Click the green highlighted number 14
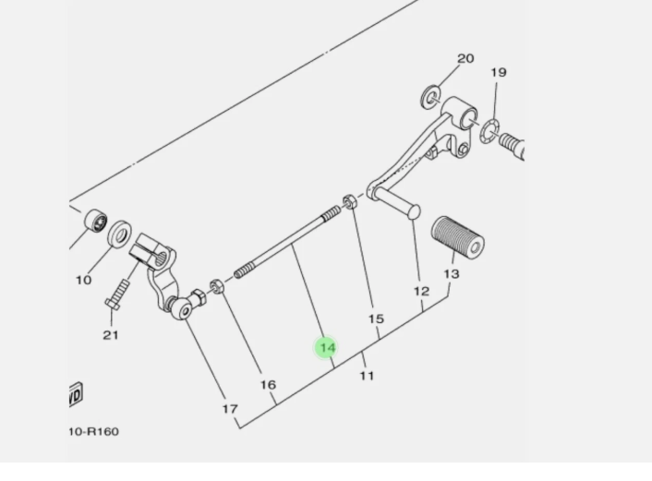(x=326, y=347)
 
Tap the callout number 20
(x=465, y=58)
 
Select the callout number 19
(x=498, y=72)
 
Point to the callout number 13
(x=451, y=274)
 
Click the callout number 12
(x=421, y=292)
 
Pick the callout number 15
(x=376, y=319)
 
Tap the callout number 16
(x=267, y=384)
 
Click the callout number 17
(x=230, y=408)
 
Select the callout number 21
(x=111, y=334)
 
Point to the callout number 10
(x=83, y=279)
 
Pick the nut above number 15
(x=350, y=201)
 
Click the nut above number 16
(x=215, y=287)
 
